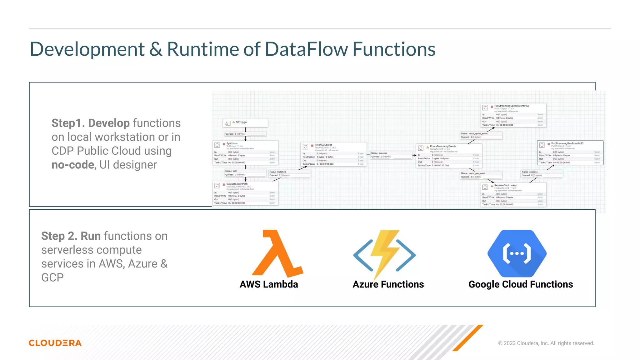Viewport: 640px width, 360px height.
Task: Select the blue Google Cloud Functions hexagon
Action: pos(517,253)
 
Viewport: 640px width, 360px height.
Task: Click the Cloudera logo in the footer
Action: pos(55,343)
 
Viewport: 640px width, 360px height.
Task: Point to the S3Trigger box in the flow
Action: pos(245,122)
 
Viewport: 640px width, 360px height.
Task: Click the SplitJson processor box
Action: pos(245,153)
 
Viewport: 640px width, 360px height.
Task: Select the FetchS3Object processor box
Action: pos(333,154)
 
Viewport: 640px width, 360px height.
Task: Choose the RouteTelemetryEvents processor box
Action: pos(449,156)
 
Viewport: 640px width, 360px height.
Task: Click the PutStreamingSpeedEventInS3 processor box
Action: pos(513,115)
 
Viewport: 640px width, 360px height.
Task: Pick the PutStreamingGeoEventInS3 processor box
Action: pos(570,153)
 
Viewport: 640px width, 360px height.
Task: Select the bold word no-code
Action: pos(73,165)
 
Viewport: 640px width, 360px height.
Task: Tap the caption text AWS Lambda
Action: pos(269,284)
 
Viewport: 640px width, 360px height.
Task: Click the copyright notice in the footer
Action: pos(546,343)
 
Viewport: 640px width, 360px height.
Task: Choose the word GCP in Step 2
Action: pos(52,277)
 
